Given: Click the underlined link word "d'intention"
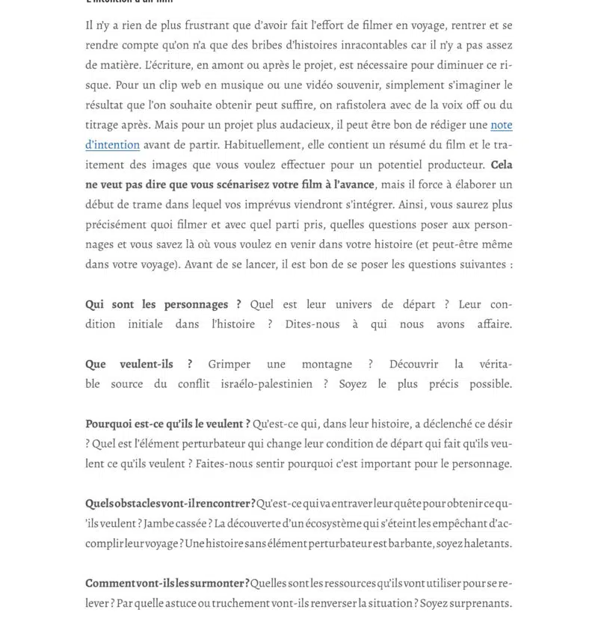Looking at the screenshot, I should click(112, 144).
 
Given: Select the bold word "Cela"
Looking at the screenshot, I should click(502, 164).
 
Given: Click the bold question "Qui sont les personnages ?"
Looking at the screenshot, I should click(163, 304).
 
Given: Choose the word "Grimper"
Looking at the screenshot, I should click(229, 364).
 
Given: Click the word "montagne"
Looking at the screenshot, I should click(327, 364).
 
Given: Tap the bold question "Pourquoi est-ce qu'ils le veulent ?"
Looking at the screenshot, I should click(167, 424).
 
